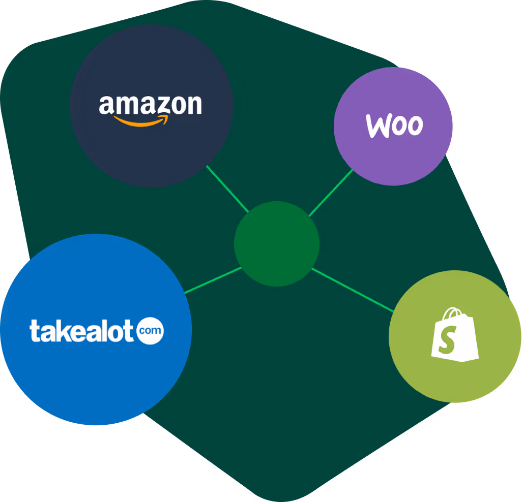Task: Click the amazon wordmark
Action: (x=150, y=105)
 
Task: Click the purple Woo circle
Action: (x=393, y=152)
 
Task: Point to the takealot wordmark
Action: (x=83, y=331)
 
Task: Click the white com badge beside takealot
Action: (x=151, y=331)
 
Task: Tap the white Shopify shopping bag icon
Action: (x=454, y=335)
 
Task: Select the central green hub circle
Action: (x=277, y=244)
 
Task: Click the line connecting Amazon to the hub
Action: (x=227, y=189)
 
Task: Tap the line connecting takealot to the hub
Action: (x=213, y=280)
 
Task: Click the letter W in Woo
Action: (x=379, y=126)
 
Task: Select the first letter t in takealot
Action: (x=34, y=331)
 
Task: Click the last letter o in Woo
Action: (x=414, y=127)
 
